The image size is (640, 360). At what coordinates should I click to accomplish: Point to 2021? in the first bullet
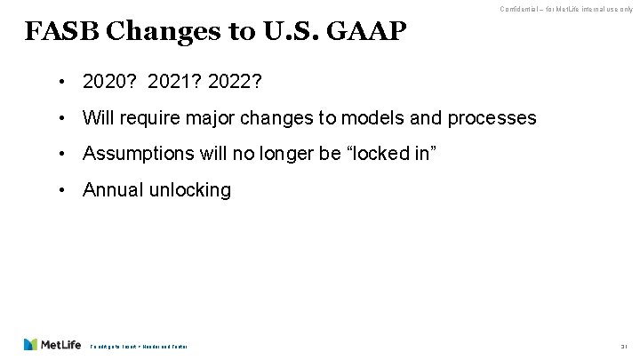176,84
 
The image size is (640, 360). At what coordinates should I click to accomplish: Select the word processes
486,118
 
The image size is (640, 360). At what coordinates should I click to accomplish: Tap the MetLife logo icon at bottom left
32,344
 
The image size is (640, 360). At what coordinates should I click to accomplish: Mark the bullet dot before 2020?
65,84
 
